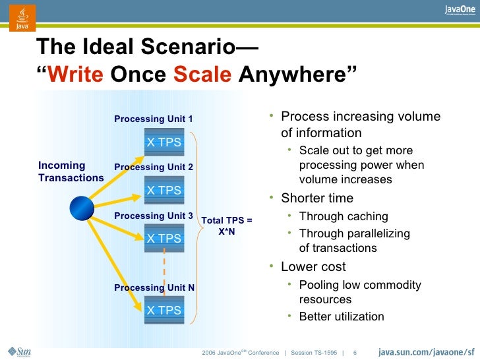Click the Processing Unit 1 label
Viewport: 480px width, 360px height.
tap(153, 119)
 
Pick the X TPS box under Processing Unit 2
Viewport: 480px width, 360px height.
tap(164, 191)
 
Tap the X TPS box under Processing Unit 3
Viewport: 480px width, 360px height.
tap(164, 239)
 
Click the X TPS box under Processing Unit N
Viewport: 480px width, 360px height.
tap(164, 311)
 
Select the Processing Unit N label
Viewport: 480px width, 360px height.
tap(154, 288)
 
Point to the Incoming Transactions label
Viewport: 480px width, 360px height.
tap(71, 171)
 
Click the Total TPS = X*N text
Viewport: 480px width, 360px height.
tap(226, 226)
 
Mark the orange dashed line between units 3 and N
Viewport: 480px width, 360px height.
tap(164, 270)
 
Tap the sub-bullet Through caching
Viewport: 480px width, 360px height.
tap(344, 216)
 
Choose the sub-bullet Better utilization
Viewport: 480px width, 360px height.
tap(342, 316)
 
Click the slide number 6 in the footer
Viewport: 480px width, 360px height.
tap(355, 351)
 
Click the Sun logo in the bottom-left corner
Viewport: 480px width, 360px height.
tap(22, 351)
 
